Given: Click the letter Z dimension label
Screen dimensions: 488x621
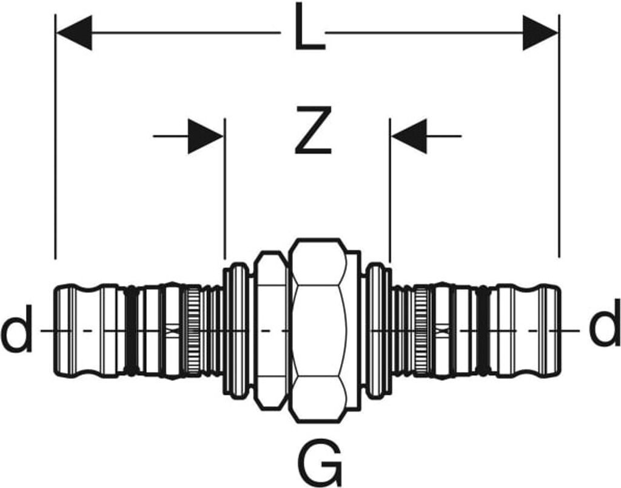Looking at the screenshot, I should click(313, 130).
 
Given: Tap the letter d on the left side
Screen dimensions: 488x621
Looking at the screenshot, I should click(16, 331).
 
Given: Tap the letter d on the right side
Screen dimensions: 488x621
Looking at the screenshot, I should click(605, 331).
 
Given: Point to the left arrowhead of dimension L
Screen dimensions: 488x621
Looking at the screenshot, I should click(73, 32).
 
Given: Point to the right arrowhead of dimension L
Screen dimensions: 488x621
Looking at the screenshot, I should click(540, 32).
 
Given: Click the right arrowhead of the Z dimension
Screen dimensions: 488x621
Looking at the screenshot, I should click(409, 136).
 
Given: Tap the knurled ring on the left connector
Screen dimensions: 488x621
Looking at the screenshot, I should click(193, 330).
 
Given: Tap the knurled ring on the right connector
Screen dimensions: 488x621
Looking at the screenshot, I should click(421, 330).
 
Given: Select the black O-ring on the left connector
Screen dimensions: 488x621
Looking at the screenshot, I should click(130, 330).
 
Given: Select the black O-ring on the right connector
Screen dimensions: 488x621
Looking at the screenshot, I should click(483, 330).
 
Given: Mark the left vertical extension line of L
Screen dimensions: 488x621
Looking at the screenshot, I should click(55, 152).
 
